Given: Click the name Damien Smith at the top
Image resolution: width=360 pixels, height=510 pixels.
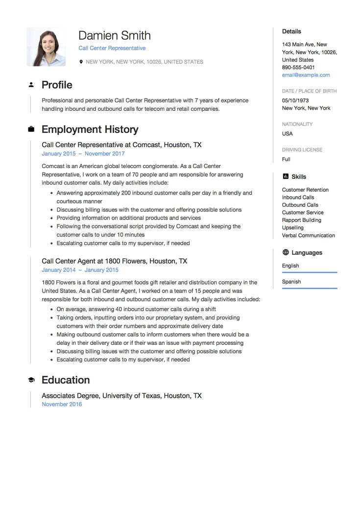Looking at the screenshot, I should (114, 35).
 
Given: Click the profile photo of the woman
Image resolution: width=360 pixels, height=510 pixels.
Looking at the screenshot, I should (46, 47).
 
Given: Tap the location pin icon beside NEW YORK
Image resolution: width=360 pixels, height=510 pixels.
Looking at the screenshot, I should (81, 62).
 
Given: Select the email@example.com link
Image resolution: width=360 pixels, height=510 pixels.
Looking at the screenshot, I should (306, 75).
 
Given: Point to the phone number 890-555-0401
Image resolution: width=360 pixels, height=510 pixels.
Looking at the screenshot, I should (298, 67).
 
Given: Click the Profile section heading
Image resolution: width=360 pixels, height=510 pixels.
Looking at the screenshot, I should (57, 85).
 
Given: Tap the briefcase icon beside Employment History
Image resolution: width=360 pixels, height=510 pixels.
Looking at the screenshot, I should (31, 129).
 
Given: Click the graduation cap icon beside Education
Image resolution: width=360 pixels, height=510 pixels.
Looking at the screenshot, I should (31, 380).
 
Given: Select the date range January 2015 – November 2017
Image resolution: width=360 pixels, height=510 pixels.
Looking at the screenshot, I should (83, 153).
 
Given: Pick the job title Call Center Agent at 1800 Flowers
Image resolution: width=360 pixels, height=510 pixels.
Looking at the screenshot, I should (114, 261).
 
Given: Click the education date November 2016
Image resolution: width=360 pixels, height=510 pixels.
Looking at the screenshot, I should (62, 404).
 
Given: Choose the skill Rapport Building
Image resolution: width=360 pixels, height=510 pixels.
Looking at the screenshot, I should (301, 220).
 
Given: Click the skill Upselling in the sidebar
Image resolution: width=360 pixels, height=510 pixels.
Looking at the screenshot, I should (292, 228).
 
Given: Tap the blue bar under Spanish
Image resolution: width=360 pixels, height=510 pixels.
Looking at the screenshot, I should (310, 288).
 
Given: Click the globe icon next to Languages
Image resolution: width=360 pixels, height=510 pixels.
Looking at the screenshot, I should (286, 253).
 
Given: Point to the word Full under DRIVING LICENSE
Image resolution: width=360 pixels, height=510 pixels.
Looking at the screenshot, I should (286, 159).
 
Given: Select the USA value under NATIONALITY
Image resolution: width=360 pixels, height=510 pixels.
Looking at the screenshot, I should (287, 134).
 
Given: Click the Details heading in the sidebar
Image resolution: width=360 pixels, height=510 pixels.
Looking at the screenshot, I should (291, 31).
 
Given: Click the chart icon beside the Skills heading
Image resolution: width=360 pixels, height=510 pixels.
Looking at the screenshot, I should (286, 177).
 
